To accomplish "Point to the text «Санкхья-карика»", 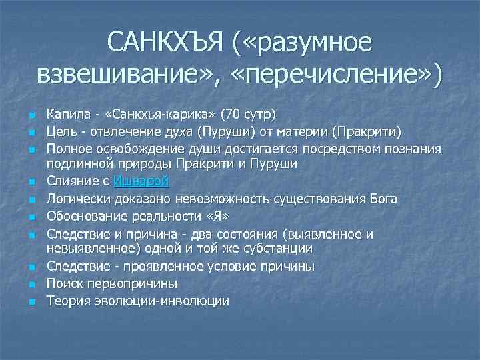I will tap(158, 111).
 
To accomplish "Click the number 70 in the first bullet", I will tap(233, 111).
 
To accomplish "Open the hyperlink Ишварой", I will tap(141, 181).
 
